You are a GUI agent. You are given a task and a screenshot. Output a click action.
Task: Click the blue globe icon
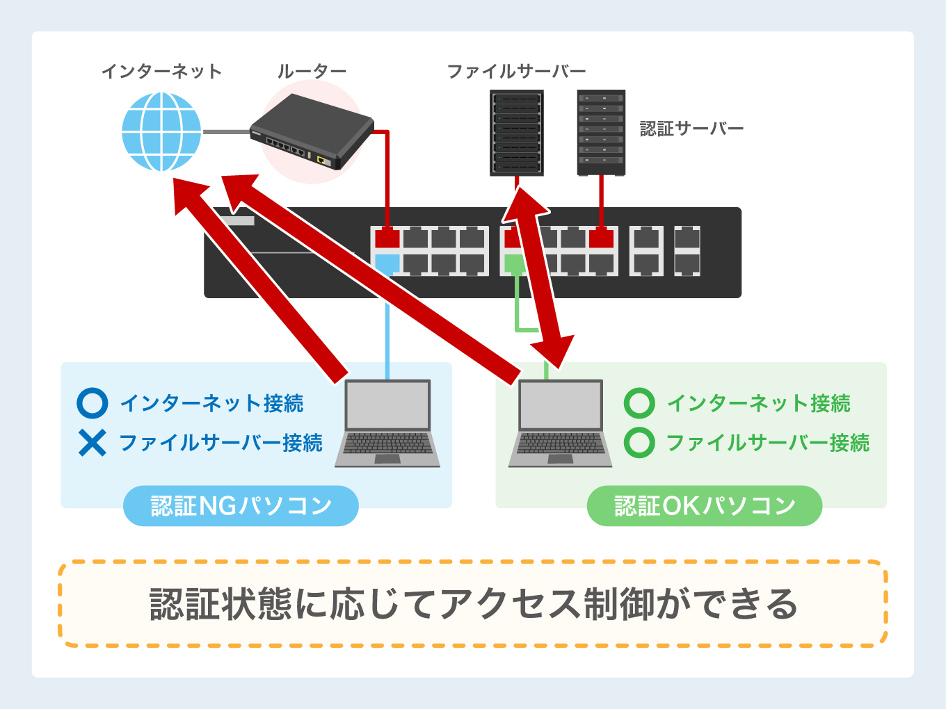(x=161, y=132)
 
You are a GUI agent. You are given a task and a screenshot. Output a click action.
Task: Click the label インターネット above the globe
(x=161, y=71)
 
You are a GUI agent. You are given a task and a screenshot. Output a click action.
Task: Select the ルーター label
(x=312, y=71)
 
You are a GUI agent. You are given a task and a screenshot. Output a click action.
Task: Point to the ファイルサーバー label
(x=516, y=71)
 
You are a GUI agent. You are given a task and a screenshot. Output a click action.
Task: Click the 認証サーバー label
(x=691, y=129)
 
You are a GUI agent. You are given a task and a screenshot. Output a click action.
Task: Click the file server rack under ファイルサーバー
(x=516, y=133)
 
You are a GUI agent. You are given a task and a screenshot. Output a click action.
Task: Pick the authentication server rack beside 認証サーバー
(x=601, y=133)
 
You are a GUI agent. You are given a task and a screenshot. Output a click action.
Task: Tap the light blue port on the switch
(x=387, y=263)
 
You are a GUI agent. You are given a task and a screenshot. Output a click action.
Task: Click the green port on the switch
(x=514, y=263)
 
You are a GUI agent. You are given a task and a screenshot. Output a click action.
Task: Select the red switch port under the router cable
(x=387, y=238)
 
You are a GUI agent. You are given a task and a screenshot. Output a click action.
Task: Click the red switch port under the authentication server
(x=602, y=238)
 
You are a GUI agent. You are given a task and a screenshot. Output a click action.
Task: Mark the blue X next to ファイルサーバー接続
(x=92, y=443)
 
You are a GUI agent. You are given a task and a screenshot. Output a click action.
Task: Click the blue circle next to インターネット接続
(x=92, y=403)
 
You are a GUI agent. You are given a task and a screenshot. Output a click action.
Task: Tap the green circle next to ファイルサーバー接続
(x=639, y=443)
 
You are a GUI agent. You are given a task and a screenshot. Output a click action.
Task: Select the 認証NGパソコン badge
(x=241, y=506)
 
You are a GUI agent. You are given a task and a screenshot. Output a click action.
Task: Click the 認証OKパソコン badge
(x=705, y=506)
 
